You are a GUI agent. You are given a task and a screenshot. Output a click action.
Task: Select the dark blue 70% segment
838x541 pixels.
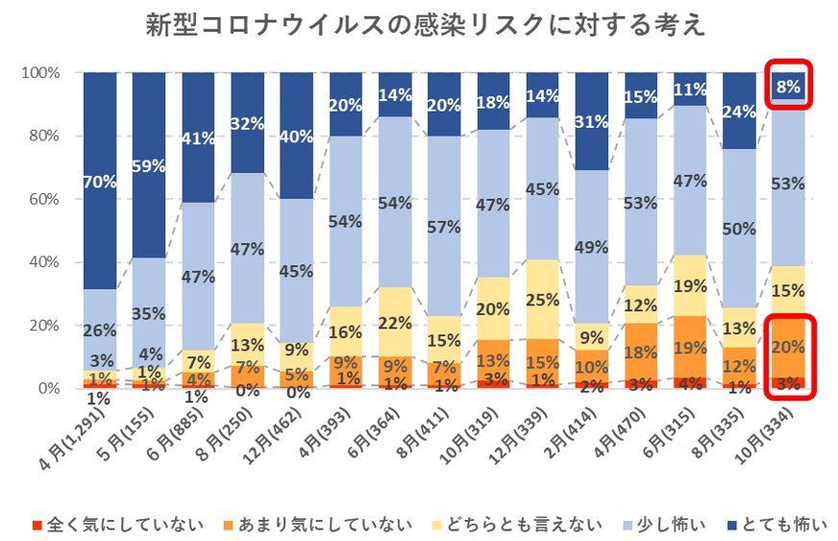click(x=100, y=180)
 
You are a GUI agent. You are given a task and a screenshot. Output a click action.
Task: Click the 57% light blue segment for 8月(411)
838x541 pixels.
click(x=444, y=226)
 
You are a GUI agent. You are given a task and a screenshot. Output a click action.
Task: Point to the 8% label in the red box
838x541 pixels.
click(x=788, y=87)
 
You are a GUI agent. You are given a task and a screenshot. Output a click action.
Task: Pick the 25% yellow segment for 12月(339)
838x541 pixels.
click(x=542, y=299)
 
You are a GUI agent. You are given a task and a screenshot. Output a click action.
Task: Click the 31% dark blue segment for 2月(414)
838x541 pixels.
click(x=591, y=121)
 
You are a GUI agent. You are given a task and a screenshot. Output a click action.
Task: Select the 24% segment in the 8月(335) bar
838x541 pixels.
click(x=739, y=111)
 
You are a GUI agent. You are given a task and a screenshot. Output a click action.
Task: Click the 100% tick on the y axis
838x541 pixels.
click(x=41, y=73)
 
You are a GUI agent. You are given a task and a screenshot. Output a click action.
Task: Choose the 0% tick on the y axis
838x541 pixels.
click(x=48, y=388)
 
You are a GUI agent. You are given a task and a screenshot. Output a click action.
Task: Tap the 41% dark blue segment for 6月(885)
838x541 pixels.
click(x=198, y=137)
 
